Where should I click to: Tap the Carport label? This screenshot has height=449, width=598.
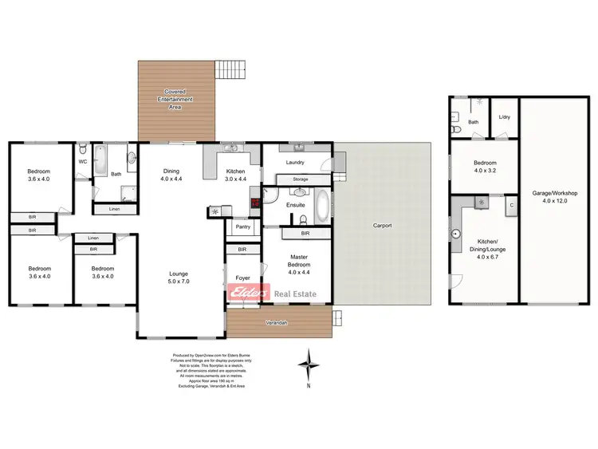(384, 226)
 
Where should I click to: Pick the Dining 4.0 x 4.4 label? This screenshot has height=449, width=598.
(171, 175)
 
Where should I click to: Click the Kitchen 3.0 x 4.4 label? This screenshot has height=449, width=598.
(235, 175)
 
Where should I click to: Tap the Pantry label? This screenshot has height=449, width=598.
(242, 228)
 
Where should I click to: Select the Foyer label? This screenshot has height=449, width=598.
(242, 278)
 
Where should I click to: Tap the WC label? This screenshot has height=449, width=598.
(82, 162)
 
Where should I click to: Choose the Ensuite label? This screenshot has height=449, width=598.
(297, 205)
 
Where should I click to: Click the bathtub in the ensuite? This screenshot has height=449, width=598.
(321, 206)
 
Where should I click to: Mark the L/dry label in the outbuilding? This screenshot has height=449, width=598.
(503, 118)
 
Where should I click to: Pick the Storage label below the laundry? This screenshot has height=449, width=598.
(300, 179)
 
